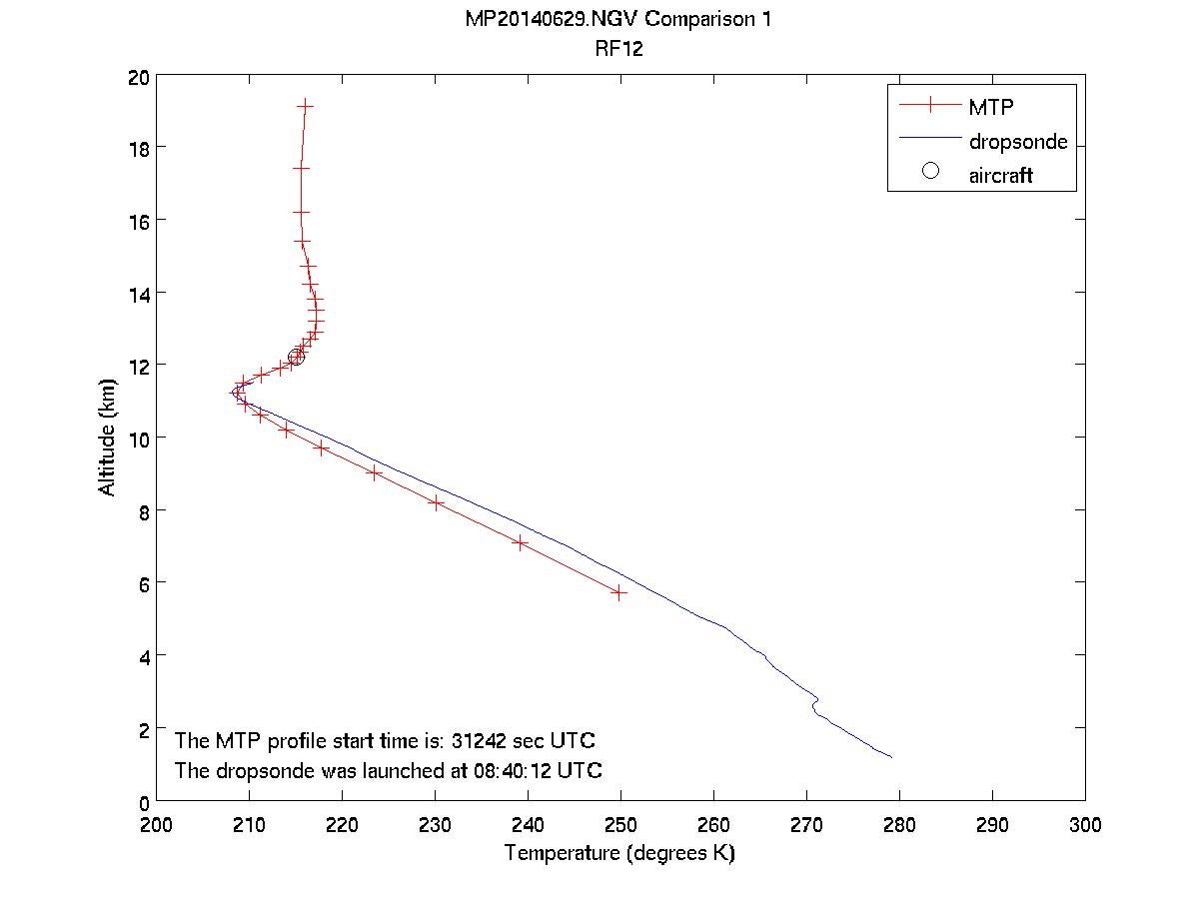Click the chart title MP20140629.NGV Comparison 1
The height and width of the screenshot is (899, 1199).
pos(619,19)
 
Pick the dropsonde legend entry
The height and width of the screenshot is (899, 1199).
pos(1017,142)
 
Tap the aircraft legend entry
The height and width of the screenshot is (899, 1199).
pos(1000,176)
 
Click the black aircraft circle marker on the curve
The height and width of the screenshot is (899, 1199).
pos(296,357)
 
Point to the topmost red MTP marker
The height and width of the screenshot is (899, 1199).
pos(306,105)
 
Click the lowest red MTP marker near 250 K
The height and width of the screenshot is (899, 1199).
pos(619,592)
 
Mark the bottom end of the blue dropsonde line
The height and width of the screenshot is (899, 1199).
pos(891,757)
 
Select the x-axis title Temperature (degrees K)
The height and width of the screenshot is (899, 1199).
pos(619,854)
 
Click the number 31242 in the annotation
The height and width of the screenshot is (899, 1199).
pos(480,741)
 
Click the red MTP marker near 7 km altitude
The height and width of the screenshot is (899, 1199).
pos(520,542)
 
